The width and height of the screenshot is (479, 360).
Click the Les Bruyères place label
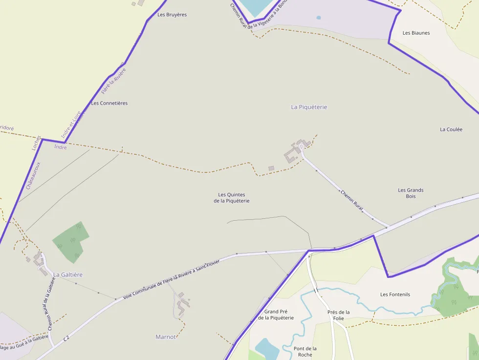(172, 15)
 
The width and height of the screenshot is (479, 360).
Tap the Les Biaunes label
(416, 33)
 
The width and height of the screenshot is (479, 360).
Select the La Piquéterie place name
(309, 107)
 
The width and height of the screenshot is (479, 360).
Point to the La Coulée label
(451, 129)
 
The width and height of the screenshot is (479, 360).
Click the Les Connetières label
(109, 103)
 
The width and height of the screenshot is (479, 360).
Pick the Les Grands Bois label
(411, 193)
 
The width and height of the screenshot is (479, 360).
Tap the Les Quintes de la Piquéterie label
(232, 198)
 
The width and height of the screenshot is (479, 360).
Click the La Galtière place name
(68, 275)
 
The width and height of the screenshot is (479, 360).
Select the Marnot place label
(165, 337)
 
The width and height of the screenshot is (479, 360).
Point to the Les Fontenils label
(395, 295)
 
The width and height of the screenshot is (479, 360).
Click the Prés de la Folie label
(339, 315)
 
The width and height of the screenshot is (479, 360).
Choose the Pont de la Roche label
(305, 351)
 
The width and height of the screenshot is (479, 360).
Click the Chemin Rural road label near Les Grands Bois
(352, 201)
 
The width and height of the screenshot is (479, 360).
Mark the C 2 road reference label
(66, 338)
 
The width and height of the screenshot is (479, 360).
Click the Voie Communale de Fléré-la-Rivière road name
(172, 279)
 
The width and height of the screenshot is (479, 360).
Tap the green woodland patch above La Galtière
(71, 240)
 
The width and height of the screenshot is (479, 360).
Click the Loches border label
(37, 143)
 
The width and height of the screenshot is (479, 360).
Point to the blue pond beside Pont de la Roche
(266, 348)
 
